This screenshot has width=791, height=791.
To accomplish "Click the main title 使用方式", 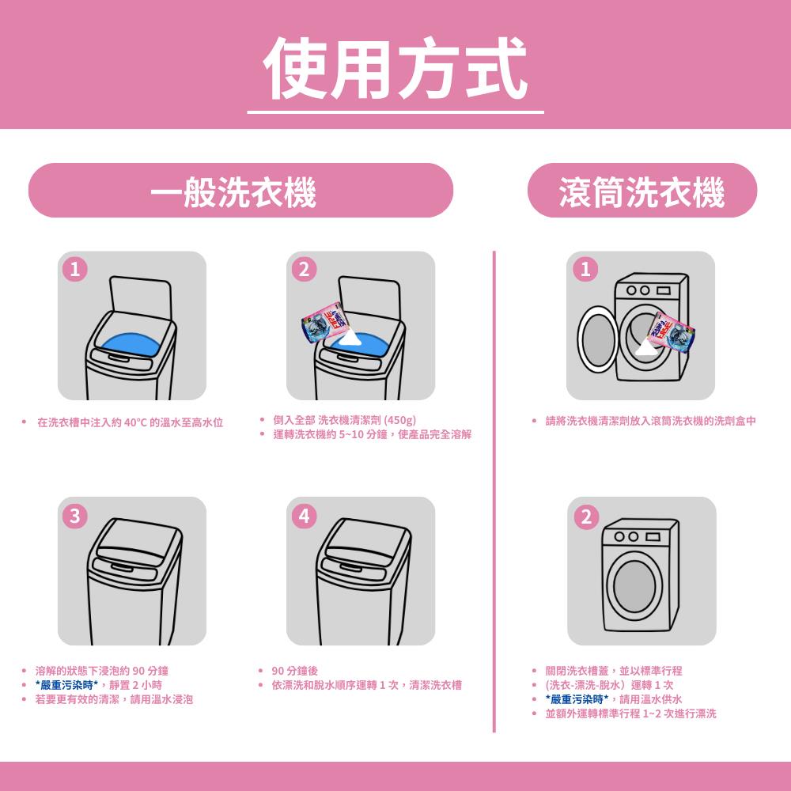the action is [x=395, y=68].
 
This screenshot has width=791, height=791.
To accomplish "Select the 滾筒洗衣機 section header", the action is [x=642, y=191].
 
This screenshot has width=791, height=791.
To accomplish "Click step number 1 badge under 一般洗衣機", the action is [x=74, y=270].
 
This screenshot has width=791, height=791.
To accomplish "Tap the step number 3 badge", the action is [x=74, y=516].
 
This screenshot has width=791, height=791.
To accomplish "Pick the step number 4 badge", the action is [x=305, y=516].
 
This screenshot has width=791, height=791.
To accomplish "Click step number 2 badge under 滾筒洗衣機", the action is [x=586, y=517].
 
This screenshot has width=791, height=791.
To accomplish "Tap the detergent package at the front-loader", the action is [x=672, y=332].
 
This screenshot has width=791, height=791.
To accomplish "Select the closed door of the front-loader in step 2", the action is [x=634, y=586].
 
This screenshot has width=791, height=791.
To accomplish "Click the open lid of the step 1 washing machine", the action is [x=141, y=300].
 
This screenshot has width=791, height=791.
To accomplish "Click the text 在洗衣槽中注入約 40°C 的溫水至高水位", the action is [x=131, y=422].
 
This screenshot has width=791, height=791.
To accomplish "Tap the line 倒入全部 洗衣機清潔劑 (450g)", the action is [x=345, y=420].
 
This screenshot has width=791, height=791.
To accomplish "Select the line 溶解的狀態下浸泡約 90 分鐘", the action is [x=102, y=671].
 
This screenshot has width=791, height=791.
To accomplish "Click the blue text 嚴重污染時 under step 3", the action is [x=67, y=685].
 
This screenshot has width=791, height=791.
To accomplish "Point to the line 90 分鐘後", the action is [x=294, y=671].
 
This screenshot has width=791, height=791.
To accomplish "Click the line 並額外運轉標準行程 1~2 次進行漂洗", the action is [x=630, y=713].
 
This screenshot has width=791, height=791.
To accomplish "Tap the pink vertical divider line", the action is [x=494, y=491].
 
